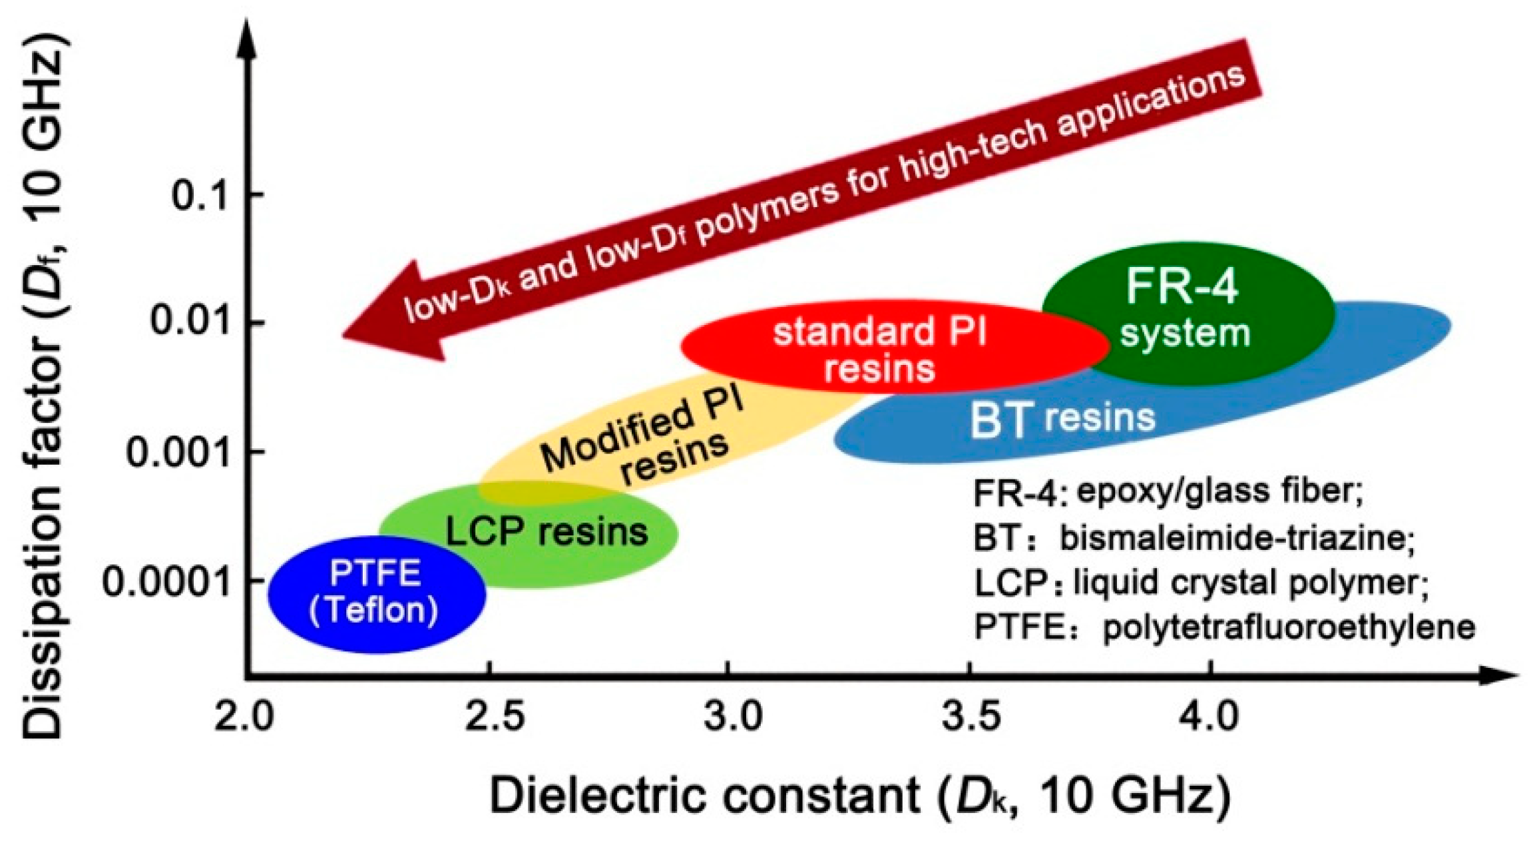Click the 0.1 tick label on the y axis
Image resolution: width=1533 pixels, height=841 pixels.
tap(200, 196)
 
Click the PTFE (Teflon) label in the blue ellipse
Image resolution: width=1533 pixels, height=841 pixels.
tap(375, 591)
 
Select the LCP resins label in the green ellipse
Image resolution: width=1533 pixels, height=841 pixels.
tap(546, 531)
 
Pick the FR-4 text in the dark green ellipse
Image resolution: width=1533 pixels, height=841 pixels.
tap(1182, 286)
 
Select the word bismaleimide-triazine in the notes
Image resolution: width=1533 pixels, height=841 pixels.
tap(1235, 538)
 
